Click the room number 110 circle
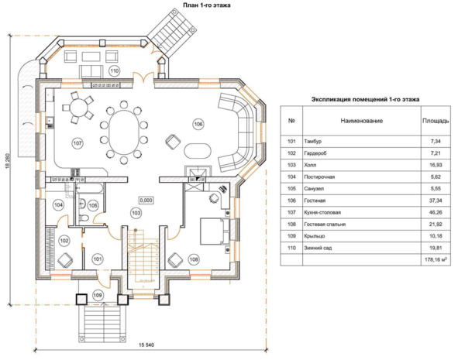tap(115, 70)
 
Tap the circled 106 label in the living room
tap(198, 124)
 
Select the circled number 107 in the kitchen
tap(77, 143)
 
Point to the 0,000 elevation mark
tap(146, 201)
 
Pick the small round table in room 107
tap(77, 108)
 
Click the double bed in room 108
tap(215, 231)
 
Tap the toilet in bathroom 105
tap(84, 218)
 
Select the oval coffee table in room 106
tap(198, 151)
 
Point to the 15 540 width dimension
tap(146, 345)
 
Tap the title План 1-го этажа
tap(206, 5)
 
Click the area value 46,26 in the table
tap(436, 212)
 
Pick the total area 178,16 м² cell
tap(436, 259)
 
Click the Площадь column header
tap(436, 121)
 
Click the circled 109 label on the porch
tap(98, 295)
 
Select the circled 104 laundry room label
tap(58, 205)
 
